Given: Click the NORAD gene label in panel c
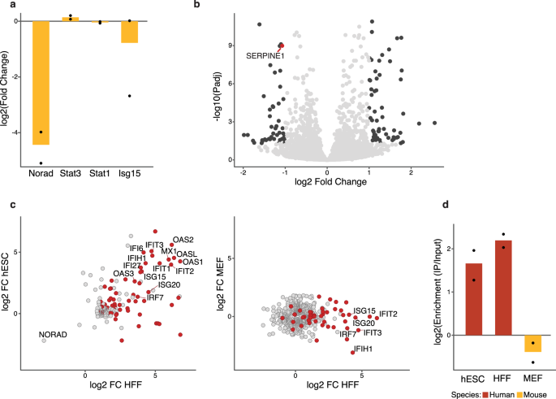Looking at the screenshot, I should [x=52, y=335].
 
